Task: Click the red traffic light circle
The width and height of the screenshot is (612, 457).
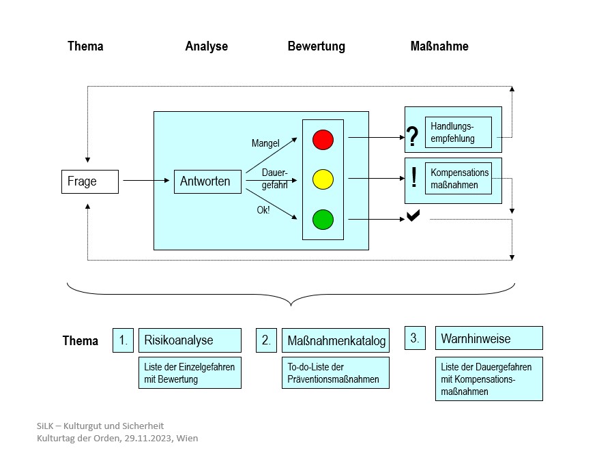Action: [x=323, y=139]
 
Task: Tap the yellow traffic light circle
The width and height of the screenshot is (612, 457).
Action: [x=323, y=180]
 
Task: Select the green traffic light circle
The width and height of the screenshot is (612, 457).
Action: [x=323, y=220]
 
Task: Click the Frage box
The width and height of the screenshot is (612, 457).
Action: [x=89, y=181]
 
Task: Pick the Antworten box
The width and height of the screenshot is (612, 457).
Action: [x=207, y=181]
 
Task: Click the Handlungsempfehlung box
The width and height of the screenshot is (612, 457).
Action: [x=458, y=132]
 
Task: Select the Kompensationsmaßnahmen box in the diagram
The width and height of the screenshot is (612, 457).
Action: [x=458, y=179]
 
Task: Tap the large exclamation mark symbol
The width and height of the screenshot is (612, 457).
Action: [x=414, y=179]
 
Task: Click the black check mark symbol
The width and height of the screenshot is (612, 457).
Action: [x=413, y=216]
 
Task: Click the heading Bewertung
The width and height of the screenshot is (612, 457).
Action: [x=316, y=46]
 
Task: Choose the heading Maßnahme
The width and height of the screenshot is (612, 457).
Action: [x=439, y=46]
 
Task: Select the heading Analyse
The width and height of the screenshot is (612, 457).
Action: [x=206, y=46]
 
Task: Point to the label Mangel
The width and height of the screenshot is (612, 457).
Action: [x=265, y=144]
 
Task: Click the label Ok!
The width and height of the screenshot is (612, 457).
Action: [x=263, y=210]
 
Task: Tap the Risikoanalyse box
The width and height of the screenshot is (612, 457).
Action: [x=190, y=340]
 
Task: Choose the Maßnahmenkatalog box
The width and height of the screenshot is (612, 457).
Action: [x=336, y=340]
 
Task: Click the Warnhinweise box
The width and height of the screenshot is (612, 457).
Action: [x=489, y=338]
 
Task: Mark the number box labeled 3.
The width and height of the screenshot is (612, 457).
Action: [x=415, y=338]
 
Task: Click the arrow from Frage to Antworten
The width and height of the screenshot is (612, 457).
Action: [x=145, y=181]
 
